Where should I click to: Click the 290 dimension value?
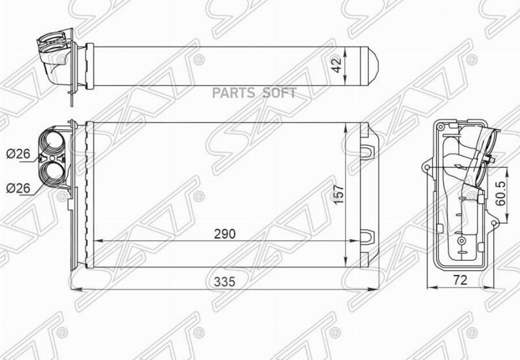tap(225, 234)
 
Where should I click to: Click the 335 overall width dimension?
tap(225, 281)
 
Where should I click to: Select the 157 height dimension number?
tap(339, 194)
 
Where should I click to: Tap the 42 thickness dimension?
tap(337, 65)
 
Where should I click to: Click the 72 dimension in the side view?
tap(460, 280)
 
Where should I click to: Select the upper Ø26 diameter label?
tap(18, 154)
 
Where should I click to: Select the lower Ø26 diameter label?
tap(18, 188)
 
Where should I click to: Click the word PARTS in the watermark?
tap(233, 93)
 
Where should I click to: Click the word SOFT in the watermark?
tap(279, 93)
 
